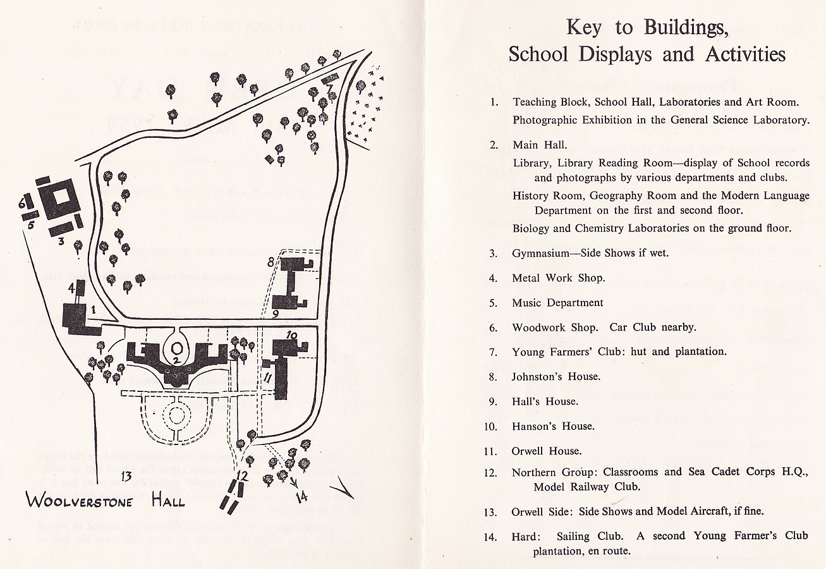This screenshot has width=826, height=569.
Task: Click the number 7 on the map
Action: [x=330, y=89]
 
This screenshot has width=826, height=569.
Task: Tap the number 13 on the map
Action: [x=126, y=477]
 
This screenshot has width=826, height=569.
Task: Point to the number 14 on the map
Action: [x=301, y=496]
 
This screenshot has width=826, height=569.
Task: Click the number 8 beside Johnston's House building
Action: [x=271, y=262]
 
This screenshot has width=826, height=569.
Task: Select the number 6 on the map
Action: [x=22, y=202]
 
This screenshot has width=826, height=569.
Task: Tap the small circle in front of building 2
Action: [x=177, y=348]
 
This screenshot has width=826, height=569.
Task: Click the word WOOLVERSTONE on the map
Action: [x=79, y=501]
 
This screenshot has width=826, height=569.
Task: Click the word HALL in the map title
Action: [x=168, y=501]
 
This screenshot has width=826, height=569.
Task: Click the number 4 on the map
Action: [x=72, y=288]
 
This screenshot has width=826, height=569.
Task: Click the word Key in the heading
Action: [x=584, y=28]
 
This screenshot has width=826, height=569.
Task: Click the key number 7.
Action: [x=494, y=352]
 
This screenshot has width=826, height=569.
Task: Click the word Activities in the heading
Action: [x=745, y=54]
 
